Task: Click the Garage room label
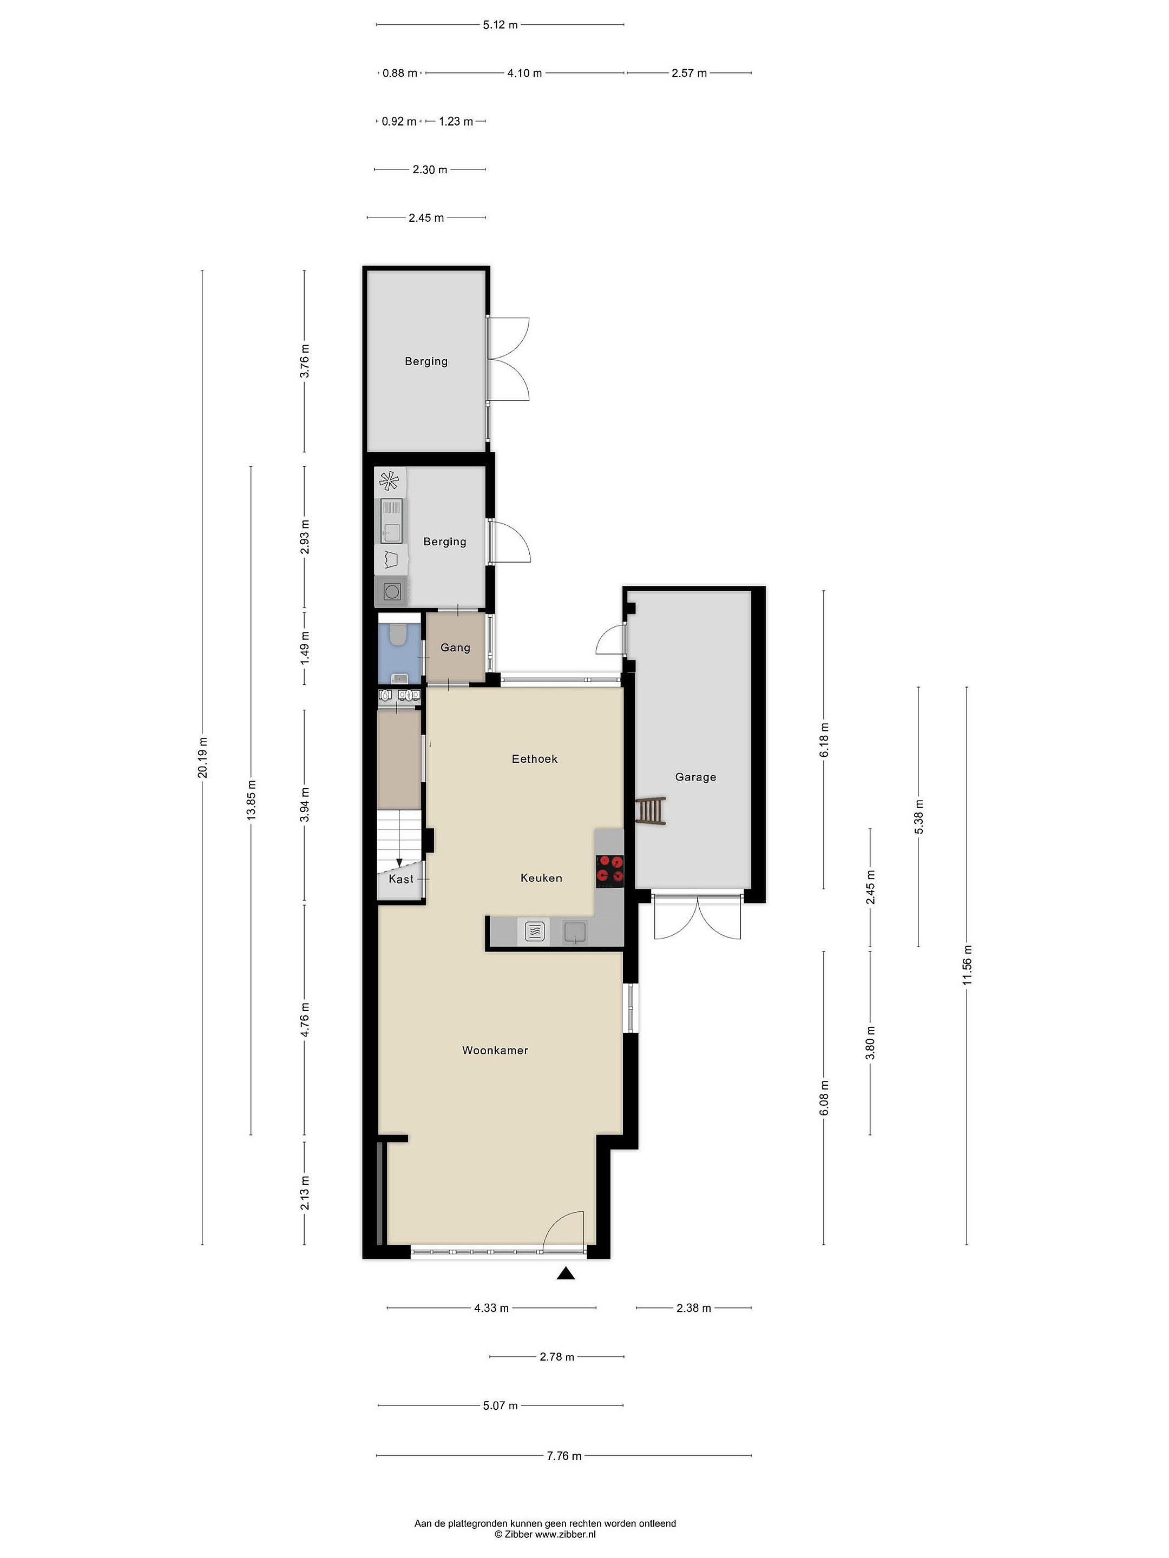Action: tap(695, 777)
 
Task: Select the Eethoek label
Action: tap(534, 758)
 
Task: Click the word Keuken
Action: tap(541, 877)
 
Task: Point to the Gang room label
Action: tap(455, 648)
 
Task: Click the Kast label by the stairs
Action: tap(401, 879)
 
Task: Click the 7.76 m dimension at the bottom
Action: tap(564, 1456)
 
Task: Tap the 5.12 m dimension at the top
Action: tap(500, 25)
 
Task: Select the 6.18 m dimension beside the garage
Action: tap(824, 740)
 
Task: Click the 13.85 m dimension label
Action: tap(251, 800)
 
